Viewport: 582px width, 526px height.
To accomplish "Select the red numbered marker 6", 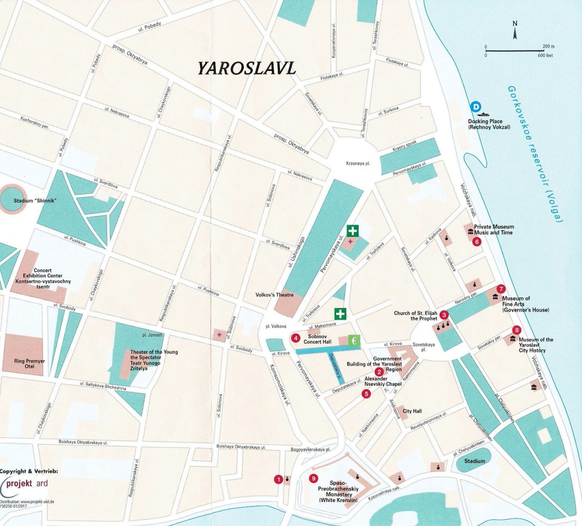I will coord(477,242).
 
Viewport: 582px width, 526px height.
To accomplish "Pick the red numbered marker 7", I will coord(501,288).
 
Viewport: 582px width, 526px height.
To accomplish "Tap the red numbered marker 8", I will coord(516,331).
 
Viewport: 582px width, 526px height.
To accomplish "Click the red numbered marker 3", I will coord(444,315).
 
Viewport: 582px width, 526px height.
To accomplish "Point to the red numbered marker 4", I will coord(296,338).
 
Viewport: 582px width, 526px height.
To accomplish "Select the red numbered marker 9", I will coord(314,479).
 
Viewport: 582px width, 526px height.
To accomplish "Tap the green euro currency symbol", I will coord(354,341).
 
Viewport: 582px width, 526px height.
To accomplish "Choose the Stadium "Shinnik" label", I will coord(35,201).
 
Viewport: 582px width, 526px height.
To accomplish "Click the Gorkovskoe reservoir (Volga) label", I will coord(534,153).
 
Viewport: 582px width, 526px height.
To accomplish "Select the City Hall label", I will coord(413,411).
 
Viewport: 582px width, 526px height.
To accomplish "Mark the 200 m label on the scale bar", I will coord(548,47).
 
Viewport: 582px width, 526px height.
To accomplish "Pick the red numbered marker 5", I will coord(366,394).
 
